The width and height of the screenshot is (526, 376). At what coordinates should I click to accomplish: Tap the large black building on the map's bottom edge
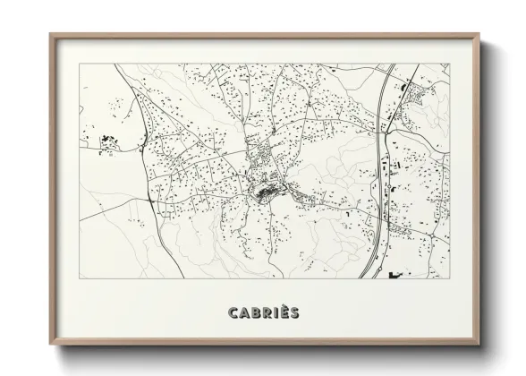tap(396, 275)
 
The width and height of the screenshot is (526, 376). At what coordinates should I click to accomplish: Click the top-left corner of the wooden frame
tap(50, 34)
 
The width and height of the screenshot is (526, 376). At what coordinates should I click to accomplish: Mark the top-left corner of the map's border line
tap(80, 64)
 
